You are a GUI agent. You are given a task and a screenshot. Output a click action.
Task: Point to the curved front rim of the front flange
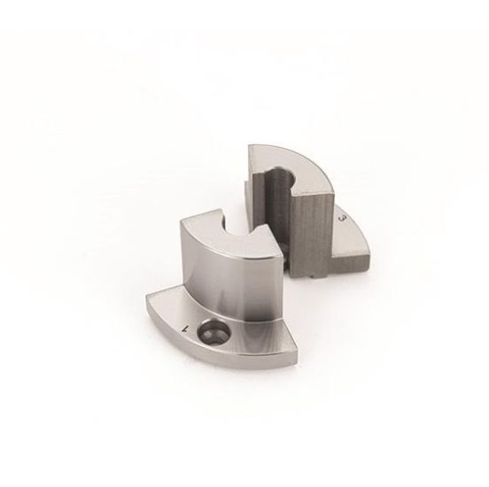[221, 372]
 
